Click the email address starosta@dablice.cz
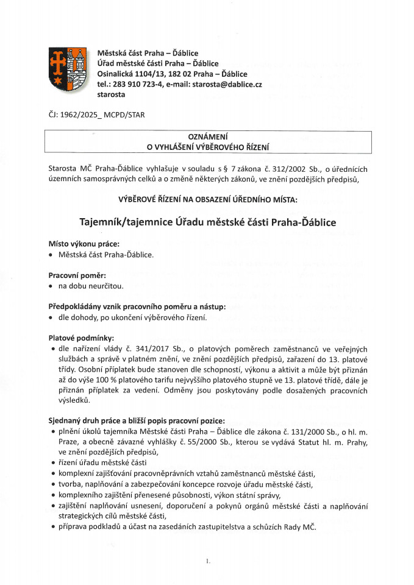coord(227,84)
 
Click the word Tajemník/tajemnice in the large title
coord(132,222)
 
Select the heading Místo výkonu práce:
coord(84,244)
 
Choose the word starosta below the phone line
coord(111,94)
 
